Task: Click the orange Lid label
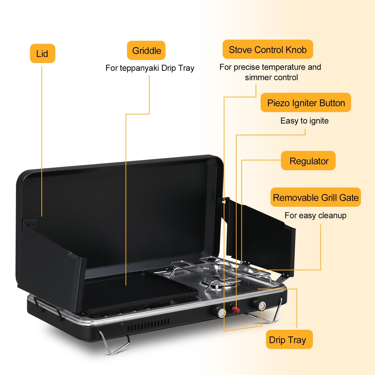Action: [43, 53]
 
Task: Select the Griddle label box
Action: [146, 50]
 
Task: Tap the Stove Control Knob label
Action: [268, 49]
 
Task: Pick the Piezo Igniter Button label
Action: [306, 103]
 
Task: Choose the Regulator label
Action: [308, 161]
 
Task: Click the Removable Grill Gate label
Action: [315, 197]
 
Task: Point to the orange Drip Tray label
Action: [289, 339]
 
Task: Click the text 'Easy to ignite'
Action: [304, 121]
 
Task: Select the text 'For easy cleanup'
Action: [315, 215]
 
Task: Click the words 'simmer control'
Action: [271, 77]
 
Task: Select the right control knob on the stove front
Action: [260, 305]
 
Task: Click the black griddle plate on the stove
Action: [140, 291]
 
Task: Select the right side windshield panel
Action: [261, 236]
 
